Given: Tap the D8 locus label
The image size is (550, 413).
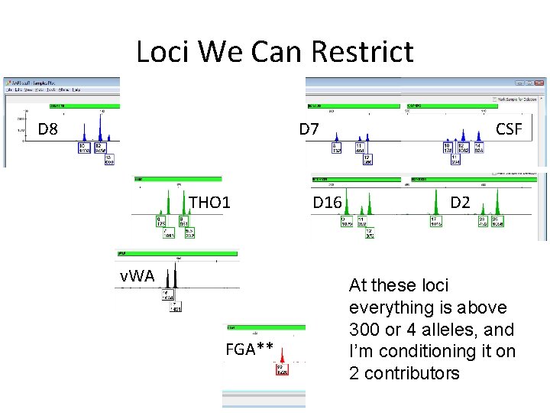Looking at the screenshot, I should tap(48, 129).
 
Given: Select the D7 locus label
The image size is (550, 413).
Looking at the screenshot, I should tap(309, 129).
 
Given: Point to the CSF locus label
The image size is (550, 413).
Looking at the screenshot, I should tap(509, 129).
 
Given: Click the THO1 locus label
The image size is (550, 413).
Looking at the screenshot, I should tap(209, 203).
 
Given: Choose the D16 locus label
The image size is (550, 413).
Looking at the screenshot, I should tap(328, 203).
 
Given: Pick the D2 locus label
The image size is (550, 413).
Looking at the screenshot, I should tap(460, 203).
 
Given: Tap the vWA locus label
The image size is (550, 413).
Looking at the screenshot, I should tap(137, 275).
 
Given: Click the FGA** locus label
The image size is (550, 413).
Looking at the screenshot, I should tap(249, 350).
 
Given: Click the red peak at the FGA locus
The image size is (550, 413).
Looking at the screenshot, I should tap(282, 354).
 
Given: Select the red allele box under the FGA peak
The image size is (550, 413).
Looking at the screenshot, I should tap(282, 370).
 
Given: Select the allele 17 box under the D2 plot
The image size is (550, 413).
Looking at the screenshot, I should tap(436, 222).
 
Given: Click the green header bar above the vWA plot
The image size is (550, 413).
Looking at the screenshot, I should tap(177, 252).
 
